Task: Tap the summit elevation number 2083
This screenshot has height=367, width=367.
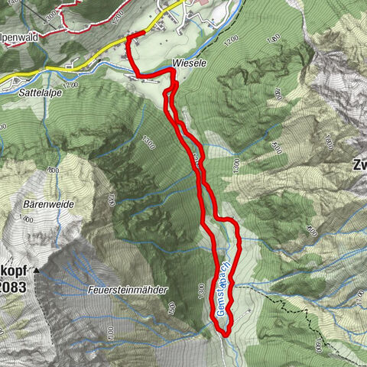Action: (x=15, y=287)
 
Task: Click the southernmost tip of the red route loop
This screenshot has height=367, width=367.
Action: (x=224, y=333)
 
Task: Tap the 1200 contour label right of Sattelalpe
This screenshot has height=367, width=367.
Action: (x=71, y=85)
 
